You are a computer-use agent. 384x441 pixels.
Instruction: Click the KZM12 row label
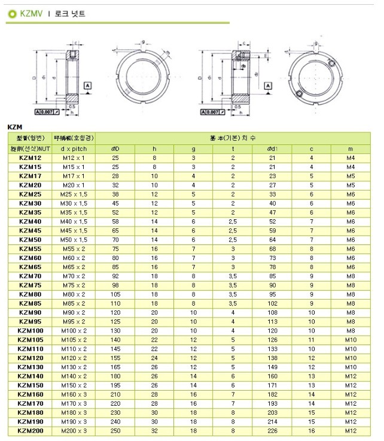(x=29, y=158)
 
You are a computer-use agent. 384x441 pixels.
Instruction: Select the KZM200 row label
(x=29, y=431)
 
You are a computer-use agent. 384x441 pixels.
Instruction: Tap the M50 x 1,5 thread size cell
(x=74, y=240)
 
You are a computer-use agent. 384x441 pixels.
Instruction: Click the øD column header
(x=115, y=148)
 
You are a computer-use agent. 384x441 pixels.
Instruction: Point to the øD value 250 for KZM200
(x=115, y=431)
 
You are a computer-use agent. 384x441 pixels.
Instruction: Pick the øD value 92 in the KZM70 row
(x=115, y=276)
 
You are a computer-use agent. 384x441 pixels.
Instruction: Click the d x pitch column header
(x=74, y=148)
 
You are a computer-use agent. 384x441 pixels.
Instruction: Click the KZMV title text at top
(x=32, y=13)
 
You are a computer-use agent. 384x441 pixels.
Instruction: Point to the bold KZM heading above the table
(x=14, y=127)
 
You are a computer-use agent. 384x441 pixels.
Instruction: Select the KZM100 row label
(x=29, y=331)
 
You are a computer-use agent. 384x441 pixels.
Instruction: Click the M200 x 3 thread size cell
(x=74, y=431)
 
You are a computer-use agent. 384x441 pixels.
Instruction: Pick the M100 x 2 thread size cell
(x=74, y=331)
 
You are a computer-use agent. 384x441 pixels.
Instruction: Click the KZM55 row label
(x=29, y=249)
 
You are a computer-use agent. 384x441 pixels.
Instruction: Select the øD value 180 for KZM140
(x=115, y=376)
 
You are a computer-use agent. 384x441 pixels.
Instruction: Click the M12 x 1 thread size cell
(x=74, y=158)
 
